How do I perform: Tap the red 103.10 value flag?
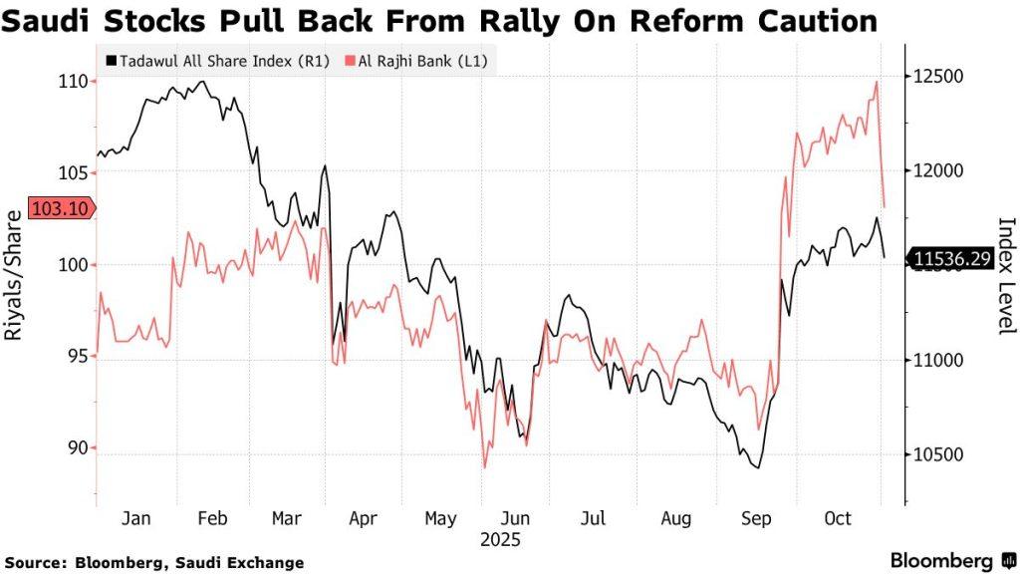[62, 208]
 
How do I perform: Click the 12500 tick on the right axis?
[937, 77]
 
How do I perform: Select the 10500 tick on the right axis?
[937, 455]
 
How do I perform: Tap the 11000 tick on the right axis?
[937, 361]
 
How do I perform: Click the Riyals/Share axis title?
[15, 276]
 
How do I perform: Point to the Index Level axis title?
[1005, 276]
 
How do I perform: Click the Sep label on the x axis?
[758, 518]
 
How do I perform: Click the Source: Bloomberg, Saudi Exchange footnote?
[154, 563]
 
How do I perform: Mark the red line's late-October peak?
[876, 82]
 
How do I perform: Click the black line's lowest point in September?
[759, 467]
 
